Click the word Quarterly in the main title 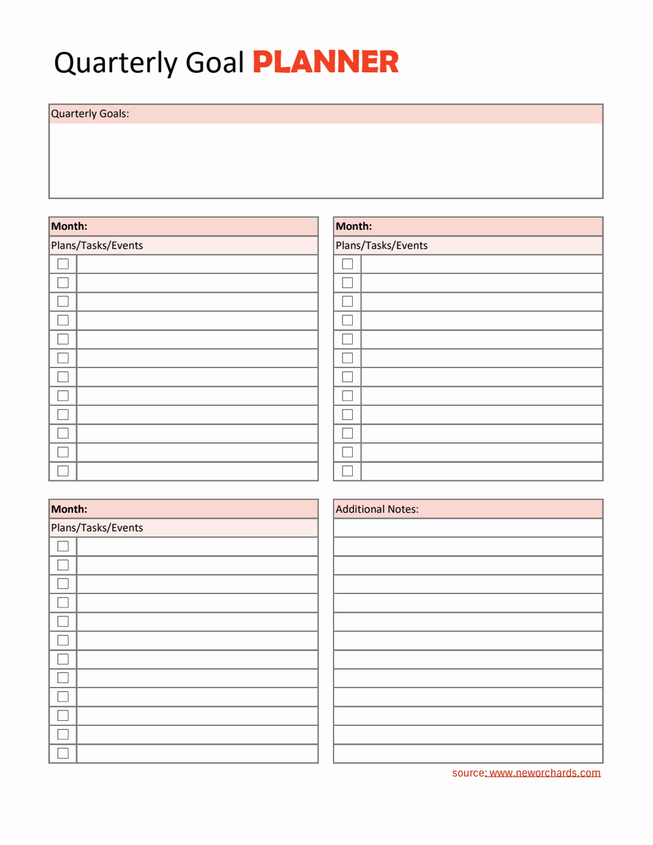click(x=115, y=63)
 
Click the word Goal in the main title click(x=214, y=63)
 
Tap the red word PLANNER click(x=325, y=62)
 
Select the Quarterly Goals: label click(x=90, y=114)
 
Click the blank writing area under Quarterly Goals click(x=326, y=160)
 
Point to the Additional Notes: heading click(x=377, y=510)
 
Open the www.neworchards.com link click(x=545, y=773)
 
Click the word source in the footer click(x=469, y=773)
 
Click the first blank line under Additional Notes click(x=468, y=528)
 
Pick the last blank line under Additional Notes click(x=468, y=753)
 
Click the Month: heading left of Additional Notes click(x=69, y=510)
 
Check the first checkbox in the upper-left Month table click(x=63, y=264)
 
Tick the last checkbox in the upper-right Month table click(x=348, y=471)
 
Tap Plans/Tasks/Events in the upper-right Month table click(x=382, y=246)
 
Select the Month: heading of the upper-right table click(x=354, y=227)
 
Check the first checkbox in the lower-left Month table click(x=63, y=547)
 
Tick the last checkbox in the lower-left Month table click(x=63, y=753)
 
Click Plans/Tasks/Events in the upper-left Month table click(x=97, y=246)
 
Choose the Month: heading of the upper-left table click(x=69, y=227)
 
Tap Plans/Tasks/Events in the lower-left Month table click(x=97, y=528)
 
